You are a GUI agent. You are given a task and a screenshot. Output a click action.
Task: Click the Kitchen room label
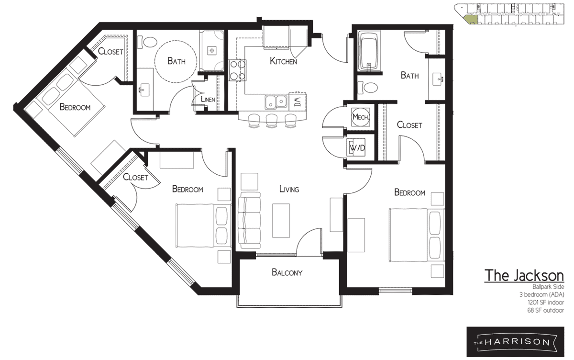pyautogui.click(x=283, y=61)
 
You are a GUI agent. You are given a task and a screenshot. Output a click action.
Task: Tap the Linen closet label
pyautogui.click(x=208, y=99)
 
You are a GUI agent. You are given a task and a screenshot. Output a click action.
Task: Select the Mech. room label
pyautogui.click(x=361, y=117)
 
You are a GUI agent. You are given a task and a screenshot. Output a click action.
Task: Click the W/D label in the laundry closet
pyautogui.click(x=357, y=148)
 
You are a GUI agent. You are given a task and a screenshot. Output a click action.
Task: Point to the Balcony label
pyautogui.click(x=287, y=272)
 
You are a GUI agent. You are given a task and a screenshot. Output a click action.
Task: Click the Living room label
pyautogui.click(x=289, y=189)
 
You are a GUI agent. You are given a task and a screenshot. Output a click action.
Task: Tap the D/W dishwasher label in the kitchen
pyautogui.click(x=297, y=102)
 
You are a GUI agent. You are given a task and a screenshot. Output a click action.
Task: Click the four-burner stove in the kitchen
pyautogui.click(x=237, y=70)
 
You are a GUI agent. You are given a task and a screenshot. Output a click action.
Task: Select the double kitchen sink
pyautogui.click(x=276, y=101)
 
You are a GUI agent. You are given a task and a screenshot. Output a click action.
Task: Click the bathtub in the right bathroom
pyautogui.click(x=368, y=51)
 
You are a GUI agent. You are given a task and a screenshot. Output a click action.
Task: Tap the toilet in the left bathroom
pyautogui.click(x=147, y=42)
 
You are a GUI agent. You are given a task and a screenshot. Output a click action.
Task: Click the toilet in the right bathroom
pyautogui.click(x=368, y=88)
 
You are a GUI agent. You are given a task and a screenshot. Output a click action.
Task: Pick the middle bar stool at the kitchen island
pyautogui.click(x=272, y=121)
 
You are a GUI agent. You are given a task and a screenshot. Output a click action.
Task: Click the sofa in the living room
pyautogui.click(x=249, y=220)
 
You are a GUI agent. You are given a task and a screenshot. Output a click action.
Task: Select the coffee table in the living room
pyautogui.click(x=281, y=221)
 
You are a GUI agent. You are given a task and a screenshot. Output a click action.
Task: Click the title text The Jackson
pyautogui.click(x=524, y=276)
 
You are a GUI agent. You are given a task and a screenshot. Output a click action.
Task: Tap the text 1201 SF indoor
pyautogui.click(x=546, y=303)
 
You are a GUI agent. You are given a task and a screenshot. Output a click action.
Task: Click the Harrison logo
pyautogui.click(x=515, y=342)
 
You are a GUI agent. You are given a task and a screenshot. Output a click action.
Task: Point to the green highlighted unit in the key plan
pyautogui.click(x=471, y=20)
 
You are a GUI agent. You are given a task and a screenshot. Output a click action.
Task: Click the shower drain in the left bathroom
pyautogui.click(x=212, y=50)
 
